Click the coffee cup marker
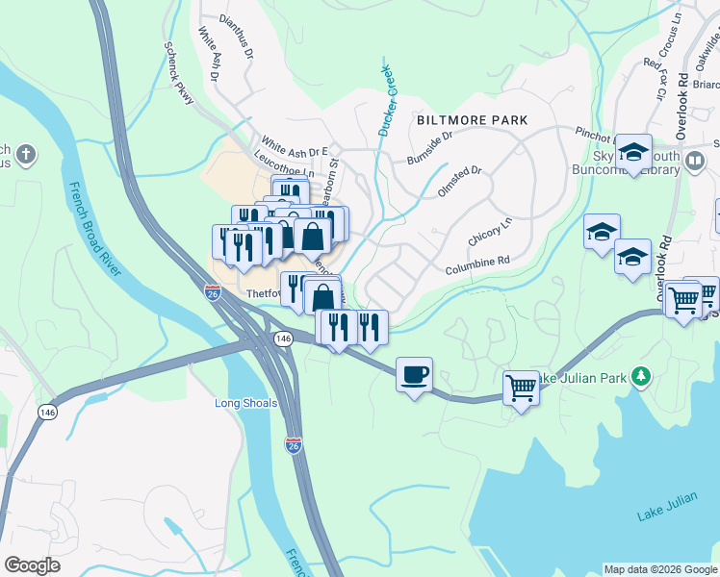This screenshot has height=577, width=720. (414, 374)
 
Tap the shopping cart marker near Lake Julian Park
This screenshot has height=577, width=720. (521, 389)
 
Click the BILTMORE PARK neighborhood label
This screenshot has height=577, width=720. (473, 120)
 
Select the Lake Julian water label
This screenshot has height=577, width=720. (665, 516)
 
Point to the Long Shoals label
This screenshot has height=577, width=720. (245, 403)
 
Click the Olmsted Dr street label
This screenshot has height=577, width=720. (459, 179)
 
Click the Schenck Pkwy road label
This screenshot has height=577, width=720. (179, 71)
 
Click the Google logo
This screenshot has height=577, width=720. (32, 565)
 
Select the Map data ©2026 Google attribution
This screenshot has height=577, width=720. (659, 569)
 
